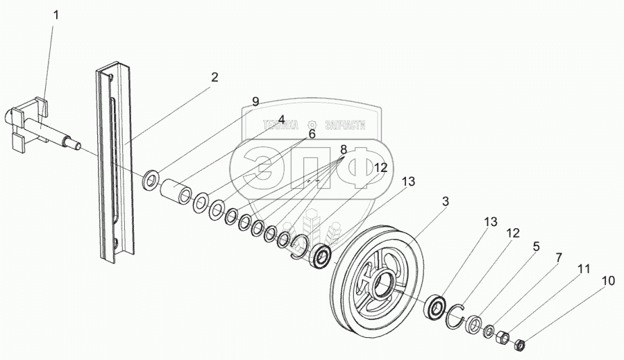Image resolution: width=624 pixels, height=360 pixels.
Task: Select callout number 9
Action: [x=255, y=101]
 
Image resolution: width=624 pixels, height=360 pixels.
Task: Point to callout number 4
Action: [x=282, y=119]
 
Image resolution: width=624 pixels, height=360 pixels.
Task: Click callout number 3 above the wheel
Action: [x=446, y=202]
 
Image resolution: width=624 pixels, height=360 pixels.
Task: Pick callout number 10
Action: [x=608, y=281]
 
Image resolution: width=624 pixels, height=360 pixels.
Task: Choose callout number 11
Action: [x=584, y=268]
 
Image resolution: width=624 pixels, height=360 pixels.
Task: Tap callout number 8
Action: [x=343, y=149]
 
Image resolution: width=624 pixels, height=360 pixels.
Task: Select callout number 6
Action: [x=312, y=135]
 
